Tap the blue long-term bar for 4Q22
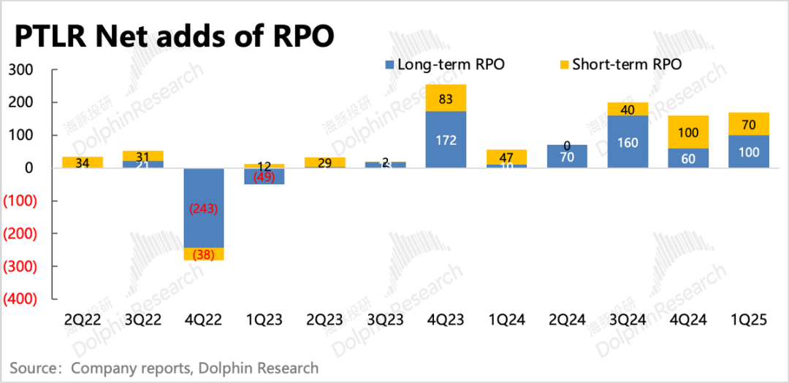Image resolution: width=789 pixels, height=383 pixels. pyautogui.click(x=203, y=208)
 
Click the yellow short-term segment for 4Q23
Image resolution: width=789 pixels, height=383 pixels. pyautogui.click(x=445, y=98)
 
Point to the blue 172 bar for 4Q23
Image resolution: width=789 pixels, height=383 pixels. pyautogui.click(x=445, y=139)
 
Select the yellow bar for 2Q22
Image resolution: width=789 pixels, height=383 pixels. pyautogui.click(x=82, y=163)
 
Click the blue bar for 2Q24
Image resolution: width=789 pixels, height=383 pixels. pyautogui.click(x=566, y=156)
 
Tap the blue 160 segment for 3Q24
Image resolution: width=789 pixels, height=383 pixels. pyautogui.click(x=627, y=142)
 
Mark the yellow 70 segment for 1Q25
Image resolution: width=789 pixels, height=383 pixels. pyautogui.click(x=748, y=124)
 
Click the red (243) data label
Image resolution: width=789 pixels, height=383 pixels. pyautogui.click(x=203, y=209)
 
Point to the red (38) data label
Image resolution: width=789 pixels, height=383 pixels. pyautogui.click(x=203, y=255)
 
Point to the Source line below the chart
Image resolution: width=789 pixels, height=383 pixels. pyautogui.click(x=164, y=368)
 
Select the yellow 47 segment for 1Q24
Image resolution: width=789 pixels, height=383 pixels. pyautogui.click(x=506, y=157)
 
